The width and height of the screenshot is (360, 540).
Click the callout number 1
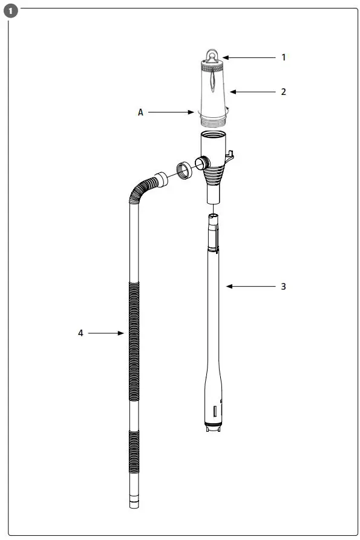[x=283, y=57]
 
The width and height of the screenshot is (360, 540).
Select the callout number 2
[x=283, y=92]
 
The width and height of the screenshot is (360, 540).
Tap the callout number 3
[x=283, y=286]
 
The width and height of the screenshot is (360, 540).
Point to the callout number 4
[x=80, y=333]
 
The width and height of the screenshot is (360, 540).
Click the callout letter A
[x=141, y=112]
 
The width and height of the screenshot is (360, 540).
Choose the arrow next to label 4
[x=106, y=333]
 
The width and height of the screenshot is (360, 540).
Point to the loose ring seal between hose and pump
[x=184, y=169]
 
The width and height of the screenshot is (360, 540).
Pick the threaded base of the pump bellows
[x=212, y=122]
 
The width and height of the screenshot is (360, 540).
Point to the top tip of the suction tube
[x=214, y=216]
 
